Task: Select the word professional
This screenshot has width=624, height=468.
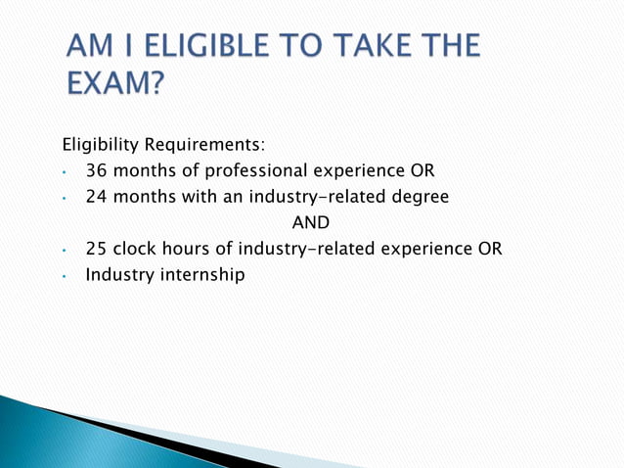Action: coord(249,170)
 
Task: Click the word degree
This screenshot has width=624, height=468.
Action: coord(420,196)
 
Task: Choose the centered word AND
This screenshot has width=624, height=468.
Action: coord(311,222)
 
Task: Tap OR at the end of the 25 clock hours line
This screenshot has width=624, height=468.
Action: coord(489,249)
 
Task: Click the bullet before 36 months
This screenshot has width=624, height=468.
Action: coord(64,172)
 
